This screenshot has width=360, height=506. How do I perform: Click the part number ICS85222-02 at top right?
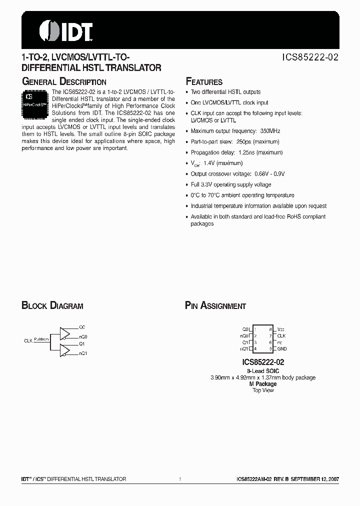point(310,57)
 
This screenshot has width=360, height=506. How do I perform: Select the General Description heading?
point(64,81)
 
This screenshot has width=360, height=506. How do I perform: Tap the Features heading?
point(204,82)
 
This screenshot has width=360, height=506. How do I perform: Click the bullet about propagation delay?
point(236,152)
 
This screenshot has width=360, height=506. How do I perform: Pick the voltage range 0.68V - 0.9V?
point(268,174)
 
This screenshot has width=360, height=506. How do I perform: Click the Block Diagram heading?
point(52,306)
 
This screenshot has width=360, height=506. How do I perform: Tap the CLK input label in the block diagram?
point(28,340)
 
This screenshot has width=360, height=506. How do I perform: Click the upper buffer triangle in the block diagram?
point(65,333)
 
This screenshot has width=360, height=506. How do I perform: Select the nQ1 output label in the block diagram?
point(83,353)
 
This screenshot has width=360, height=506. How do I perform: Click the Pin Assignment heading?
point(215,306)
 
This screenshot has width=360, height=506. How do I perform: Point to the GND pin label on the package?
point(282,348)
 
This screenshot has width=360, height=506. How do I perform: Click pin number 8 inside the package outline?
point(270,329)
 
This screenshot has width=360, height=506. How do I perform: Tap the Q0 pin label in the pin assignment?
point(245,329)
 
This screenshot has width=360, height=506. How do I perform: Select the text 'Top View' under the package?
point(263,390)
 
